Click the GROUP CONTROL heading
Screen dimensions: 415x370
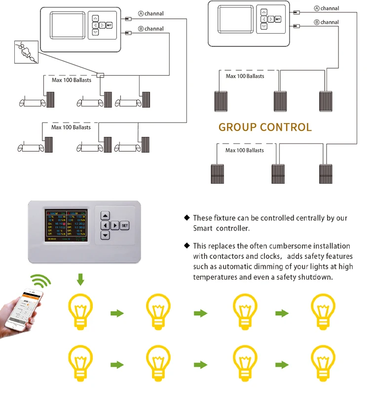(265, 127)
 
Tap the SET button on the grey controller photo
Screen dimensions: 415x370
(124, 225)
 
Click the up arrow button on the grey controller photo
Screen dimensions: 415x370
(105, 215)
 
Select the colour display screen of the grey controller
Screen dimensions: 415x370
(65, 226)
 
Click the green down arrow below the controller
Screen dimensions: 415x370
(80, 280)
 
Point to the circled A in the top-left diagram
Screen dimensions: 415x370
(141, 14)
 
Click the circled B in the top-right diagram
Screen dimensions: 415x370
(317, 22)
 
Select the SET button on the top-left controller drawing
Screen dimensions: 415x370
(109, 25)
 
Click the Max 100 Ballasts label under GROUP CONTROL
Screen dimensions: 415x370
(245, 150)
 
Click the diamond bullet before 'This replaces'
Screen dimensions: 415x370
(187, 246)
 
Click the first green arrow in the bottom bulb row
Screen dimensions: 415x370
(117, 365)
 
